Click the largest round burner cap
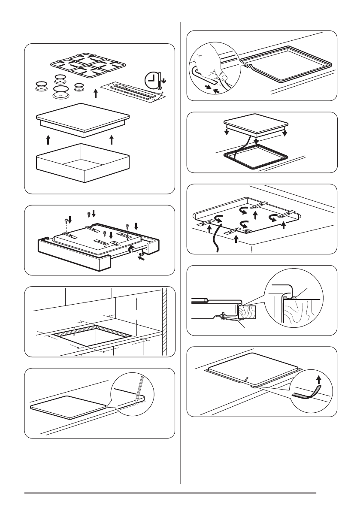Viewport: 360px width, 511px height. pyautogui.click(x=61, y=91)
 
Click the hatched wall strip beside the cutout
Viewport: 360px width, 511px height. pyautogui.click(x=163, y=322)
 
